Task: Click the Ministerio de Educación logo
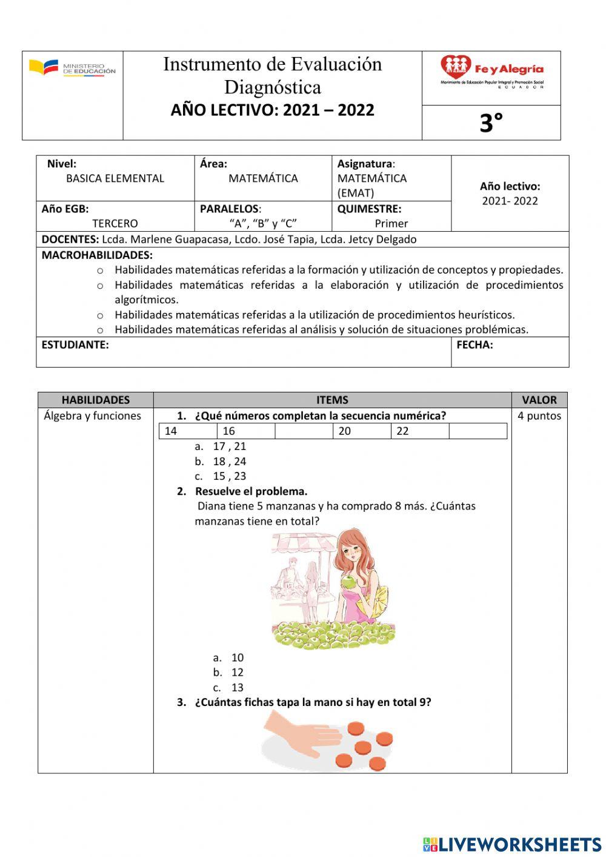tap(72, 69)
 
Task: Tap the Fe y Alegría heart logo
tap(456, 67)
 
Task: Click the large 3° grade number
tap(491, 123)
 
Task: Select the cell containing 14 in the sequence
tap(188, 431)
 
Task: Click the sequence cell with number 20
tap(362, 431)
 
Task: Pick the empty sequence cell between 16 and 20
tap(304, 431)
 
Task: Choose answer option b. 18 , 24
tap(221, 462)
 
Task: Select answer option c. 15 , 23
tap(221, 477)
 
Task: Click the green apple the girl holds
tap(348, 583)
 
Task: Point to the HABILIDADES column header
tap(96, 400)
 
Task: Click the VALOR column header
tap(539, 400)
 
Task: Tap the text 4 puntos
tap(539, 416)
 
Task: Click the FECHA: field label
tap(474, 345)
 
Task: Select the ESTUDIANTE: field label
tap(75, 345)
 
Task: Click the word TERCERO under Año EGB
tap(115, 224)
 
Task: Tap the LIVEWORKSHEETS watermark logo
tap(512, 844)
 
